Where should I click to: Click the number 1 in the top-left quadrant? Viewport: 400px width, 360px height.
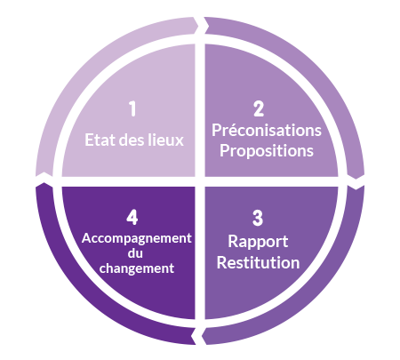point(132,108)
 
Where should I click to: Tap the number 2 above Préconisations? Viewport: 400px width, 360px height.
point(259,108)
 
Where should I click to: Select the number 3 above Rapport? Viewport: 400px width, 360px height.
point(258,218)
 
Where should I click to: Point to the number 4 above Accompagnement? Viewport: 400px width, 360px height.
point(132,218)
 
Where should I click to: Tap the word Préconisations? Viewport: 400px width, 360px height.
point(267,131)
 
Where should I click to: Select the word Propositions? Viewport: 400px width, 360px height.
point(267,151)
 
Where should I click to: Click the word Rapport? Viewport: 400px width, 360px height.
point(258,242)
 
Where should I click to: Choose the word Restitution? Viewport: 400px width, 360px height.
point(258,262)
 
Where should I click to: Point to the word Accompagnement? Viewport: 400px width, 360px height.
point(137,238)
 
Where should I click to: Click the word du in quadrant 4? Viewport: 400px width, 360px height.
point(135,253)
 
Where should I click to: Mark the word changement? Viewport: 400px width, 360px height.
point(137,268)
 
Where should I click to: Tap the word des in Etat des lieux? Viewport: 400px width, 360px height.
point(132,140)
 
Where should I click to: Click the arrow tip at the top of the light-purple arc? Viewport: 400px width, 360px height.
point(198,26)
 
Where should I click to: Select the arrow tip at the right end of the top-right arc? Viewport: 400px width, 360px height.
point(356,179)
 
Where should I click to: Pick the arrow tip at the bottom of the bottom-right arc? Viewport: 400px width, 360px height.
point(202,337)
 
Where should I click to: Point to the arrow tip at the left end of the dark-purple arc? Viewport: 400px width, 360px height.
point(44,183)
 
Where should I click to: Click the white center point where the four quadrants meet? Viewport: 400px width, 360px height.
point(200,181)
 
